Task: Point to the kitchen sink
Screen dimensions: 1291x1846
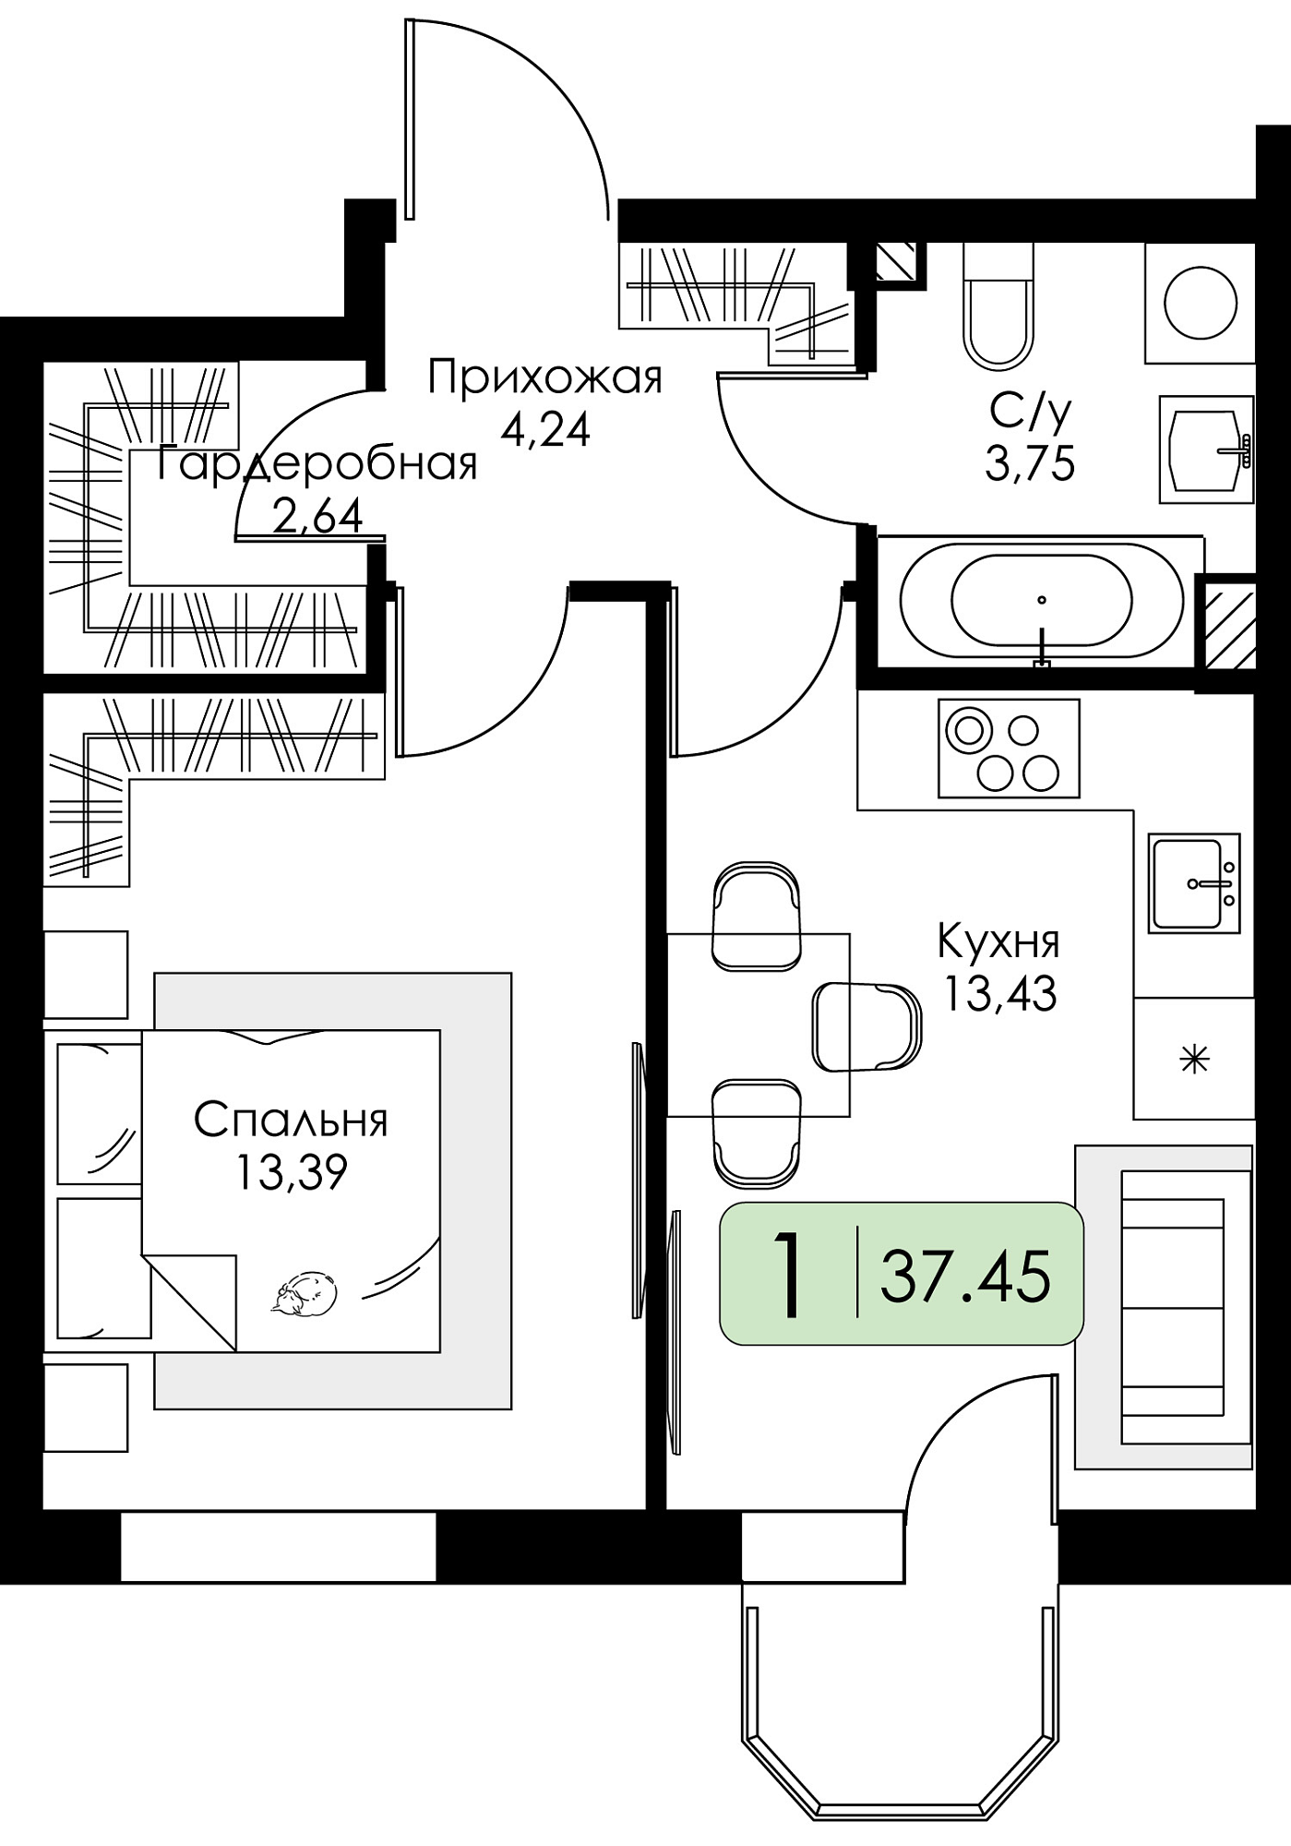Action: point(1194,882)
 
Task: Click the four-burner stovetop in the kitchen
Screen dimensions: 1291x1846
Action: point(1009,748)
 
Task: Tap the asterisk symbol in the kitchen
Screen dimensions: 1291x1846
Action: point(1195,1059)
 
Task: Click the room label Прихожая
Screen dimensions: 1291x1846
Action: point(545,378)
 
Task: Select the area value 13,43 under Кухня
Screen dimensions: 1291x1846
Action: point(998,994)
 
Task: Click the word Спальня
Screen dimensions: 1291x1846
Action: point(292,1120)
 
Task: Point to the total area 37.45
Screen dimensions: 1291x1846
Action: point(965,1277)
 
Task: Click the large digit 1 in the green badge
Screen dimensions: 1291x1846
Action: point(787,1276)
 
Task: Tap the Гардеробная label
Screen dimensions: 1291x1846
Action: point(317,463)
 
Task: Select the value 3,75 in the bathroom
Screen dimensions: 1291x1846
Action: point(1030,463)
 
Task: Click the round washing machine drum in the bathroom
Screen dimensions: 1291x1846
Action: point(1201,303)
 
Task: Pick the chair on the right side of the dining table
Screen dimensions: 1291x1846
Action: point(867,1027)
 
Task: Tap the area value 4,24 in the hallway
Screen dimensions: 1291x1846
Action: point(545,429)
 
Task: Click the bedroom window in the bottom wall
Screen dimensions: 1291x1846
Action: point(278,1545)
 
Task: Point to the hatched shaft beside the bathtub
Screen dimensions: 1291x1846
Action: point(1225,620)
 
